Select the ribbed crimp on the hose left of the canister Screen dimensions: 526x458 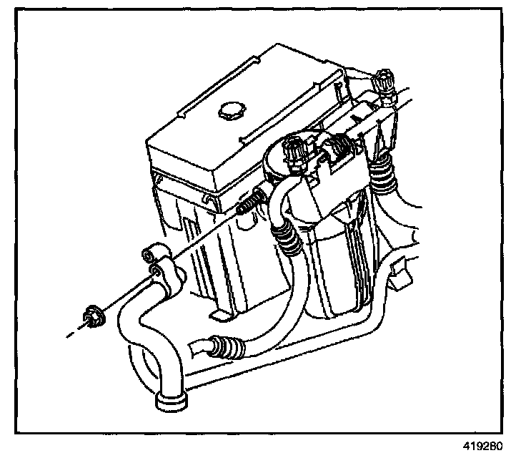tap(288, 238)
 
